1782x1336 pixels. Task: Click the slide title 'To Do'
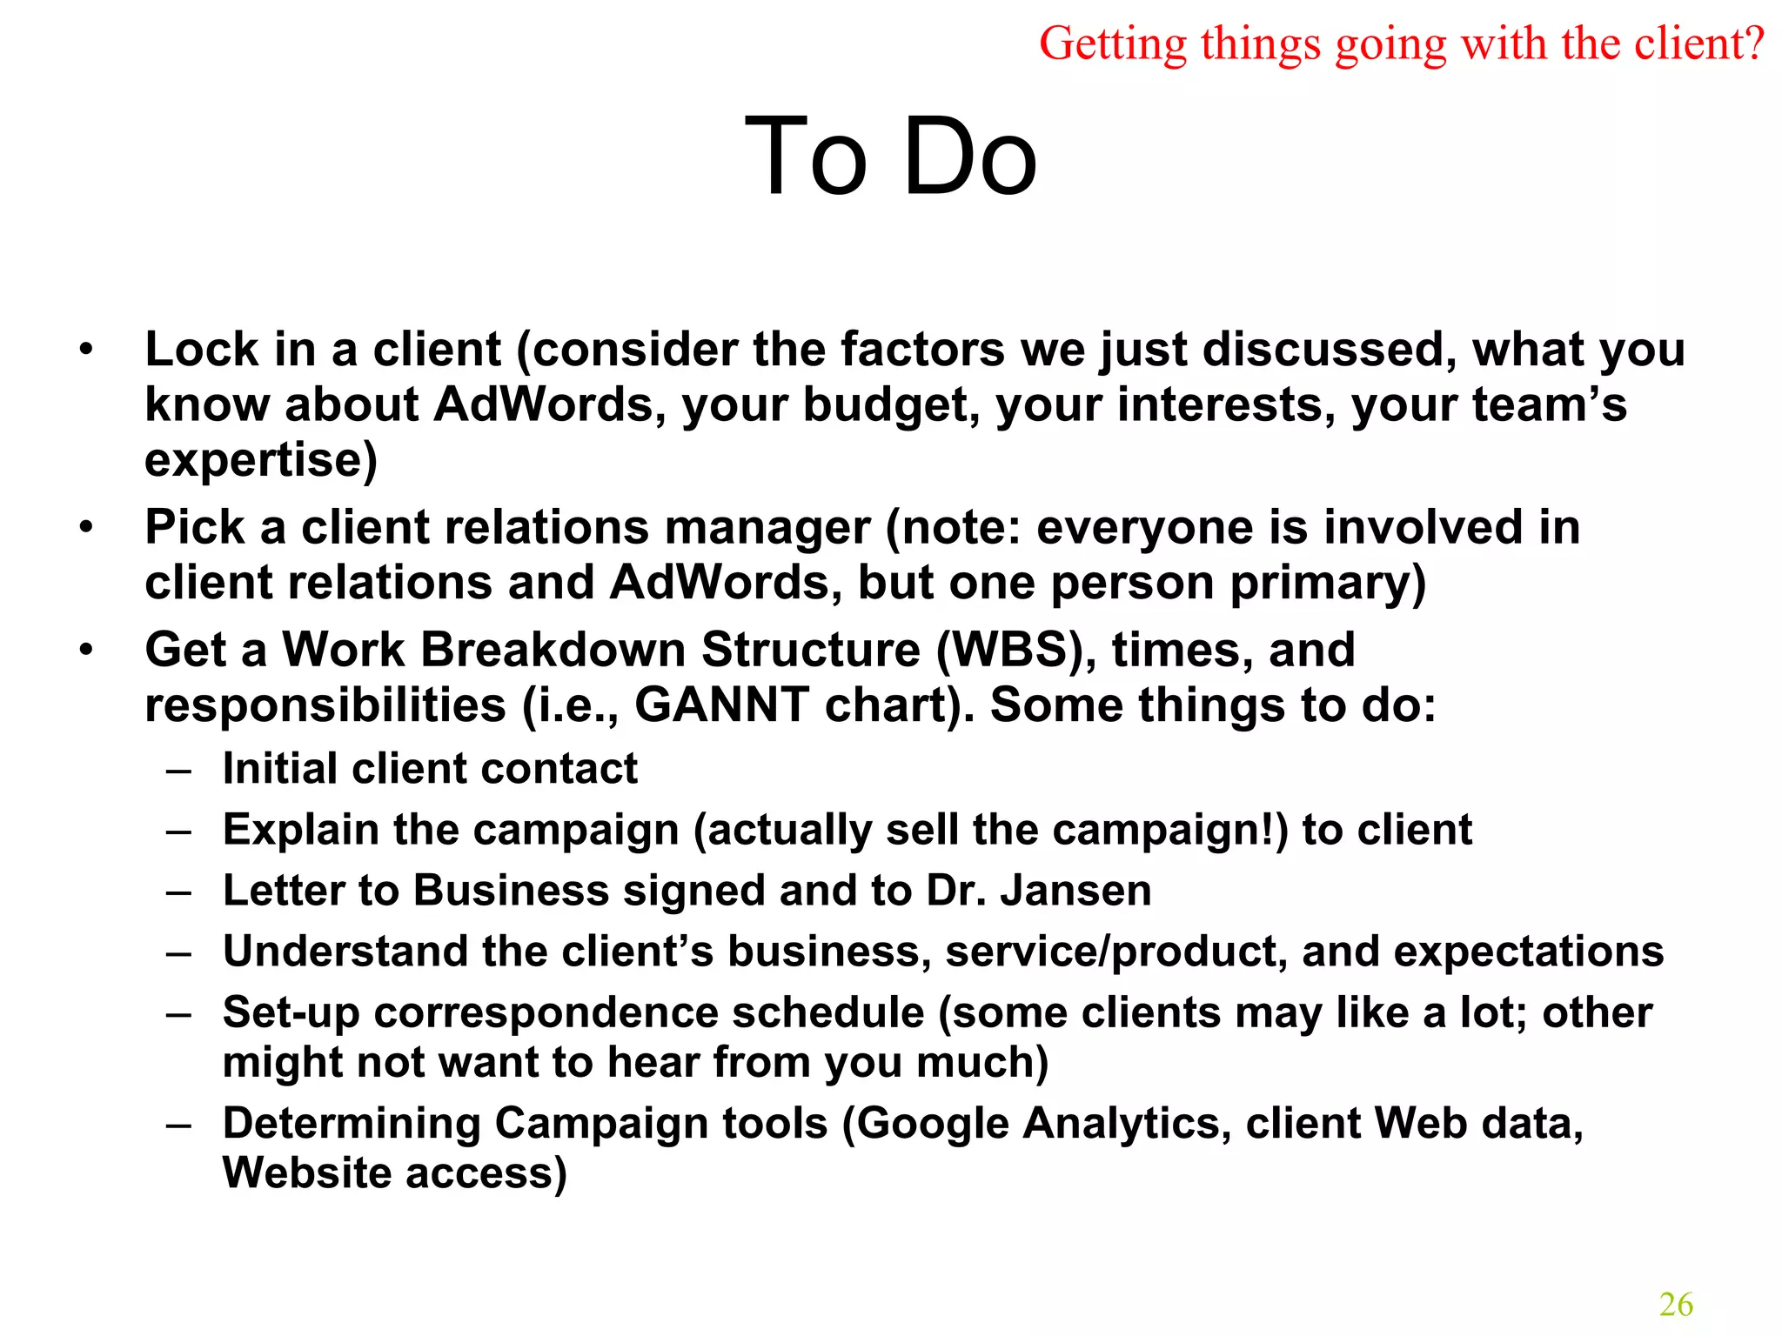(x=891, y=157)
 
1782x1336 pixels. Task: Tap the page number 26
(x=1676, y=1304)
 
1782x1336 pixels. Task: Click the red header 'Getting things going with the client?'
(x=1401, y=43)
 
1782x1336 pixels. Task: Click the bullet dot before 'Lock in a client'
(x=85, y=351)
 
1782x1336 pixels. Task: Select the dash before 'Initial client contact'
(x=178, y=770)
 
